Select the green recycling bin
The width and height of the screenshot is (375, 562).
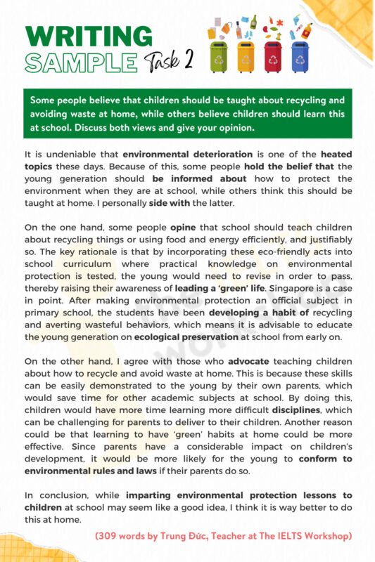[219, 58]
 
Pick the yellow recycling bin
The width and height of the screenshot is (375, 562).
[245, 58]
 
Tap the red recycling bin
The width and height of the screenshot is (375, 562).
[272, 58]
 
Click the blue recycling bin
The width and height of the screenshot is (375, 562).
[298, 58]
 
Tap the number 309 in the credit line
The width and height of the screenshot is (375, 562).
[110, 536]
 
